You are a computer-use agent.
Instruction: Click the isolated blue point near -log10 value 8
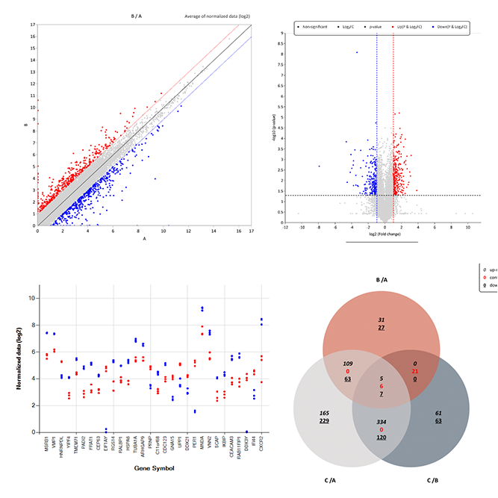[357, 52]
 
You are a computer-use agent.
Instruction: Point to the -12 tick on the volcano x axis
[285, 227]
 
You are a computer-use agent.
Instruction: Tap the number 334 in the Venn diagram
[382, 421]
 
